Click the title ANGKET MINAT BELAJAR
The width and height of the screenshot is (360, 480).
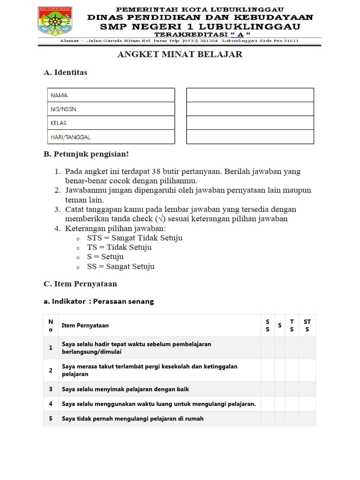(180, 54)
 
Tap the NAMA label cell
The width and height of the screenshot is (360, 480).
(111, 95)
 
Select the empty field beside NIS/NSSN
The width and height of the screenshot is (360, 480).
(250, 109)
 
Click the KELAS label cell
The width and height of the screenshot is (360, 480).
(111, 123)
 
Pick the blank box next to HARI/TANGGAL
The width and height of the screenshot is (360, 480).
(250, 137)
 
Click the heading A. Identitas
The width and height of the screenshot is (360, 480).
(65, 73)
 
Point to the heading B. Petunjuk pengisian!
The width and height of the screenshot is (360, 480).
(85, 154)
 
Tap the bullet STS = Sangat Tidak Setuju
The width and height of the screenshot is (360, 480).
(135, 238)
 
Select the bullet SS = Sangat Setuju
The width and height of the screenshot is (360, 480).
(120, 266)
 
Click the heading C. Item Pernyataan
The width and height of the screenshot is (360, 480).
(80, 284)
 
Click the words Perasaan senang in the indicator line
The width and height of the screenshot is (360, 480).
(123, 301)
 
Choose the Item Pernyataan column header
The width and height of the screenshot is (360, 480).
(85, 325)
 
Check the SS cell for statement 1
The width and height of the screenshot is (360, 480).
(267, 347)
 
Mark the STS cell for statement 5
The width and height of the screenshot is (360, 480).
(307, 419)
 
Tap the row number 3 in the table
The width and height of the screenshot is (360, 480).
(51, 389)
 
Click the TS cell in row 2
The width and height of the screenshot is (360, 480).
(292, 370)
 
